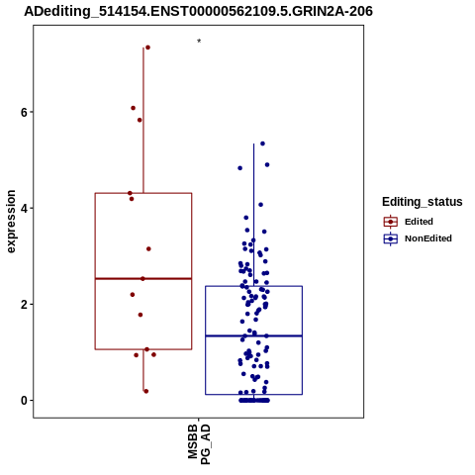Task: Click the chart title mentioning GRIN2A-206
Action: pyautogui.click(x=198, y=11)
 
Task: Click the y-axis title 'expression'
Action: pyautogui.click(x=11, y=222)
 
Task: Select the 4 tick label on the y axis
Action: pyautogui.click(x=24, y=208)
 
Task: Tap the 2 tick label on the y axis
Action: pyautogui.click(x=24, y=304)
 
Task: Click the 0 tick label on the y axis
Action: pyautogui.click(x=24, y=401)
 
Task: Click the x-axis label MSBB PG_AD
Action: pyautogui.click(x=199, y=444)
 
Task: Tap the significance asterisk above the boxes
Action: pyautogui.click(x=199, y=42)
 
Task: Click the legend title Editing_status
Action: pyautogui.click(x=423, y=202)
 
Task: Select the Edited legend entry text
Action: pyautogui.click(x=419, y=222)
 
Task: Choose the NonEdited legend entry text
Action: pyautogui.click(x=428, y=238)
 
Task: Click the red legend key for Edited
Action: pyautogui.click(x=391, y=222)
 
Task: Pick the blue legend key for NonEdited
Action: pyautogui.click(x=391, y=238)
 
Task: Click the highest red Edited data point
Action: pyautogui.click(x=147, y=47)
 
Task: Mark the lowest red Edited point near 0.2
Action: pyautogui.click(x=146, y=391)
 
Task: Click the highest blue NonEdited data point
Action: pyautogui.click(x=262, y=143)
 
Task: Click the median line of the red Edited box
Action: pyautogui.click(x=143, y=279)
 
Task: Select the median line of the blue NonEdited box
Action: pyautogui.click(x=253, y=335)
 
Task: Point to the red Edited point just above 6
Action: pyautogui.click(x=133, y=108)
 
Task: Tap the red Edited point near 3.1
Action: pyautogui.click(x=148, y=248)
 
